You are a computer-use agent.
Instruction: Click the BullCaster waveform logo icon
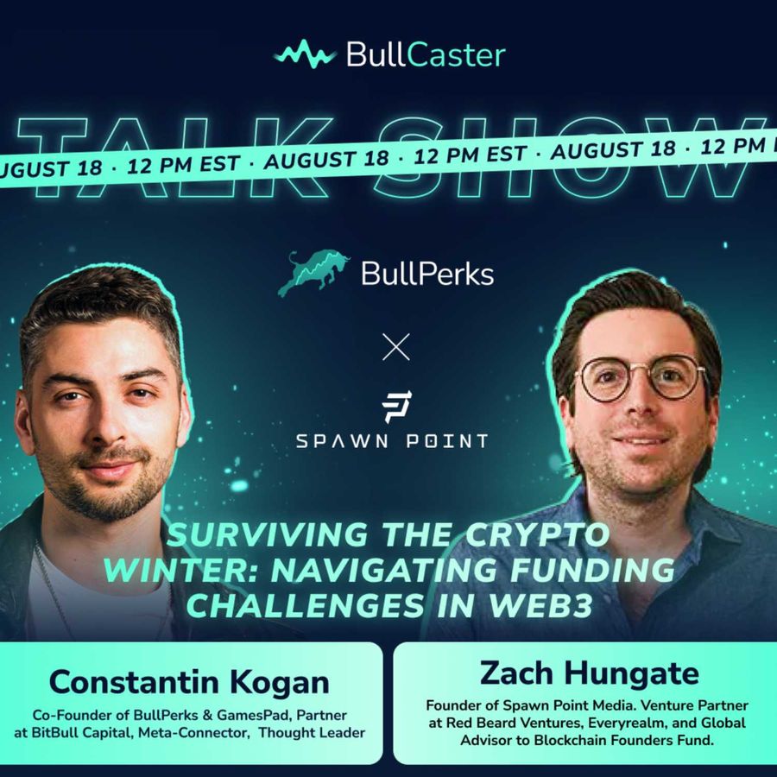(x=305, y=54)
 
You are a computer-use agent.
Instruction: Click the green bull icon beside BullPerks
(x=313, y=273)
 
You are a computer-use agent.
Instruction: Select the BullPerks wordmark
(x=427, y=274)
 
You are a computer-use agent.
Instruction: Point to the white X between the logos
(x=396, y=346)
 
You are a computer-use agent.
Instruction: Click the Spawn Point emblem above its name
(x=396, y=407)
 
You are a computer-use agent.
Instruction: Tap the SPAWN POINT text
(x=391, y=441)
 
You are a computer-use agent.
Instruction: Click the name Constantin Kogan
(x=189, y=682)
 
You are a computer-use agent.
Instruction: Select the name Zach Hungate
(x=589, y=673)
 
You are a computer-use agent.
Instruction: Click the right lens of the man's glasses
(x=679, y=377)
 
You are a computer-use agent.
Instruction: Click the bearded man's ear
(x=24, y=421)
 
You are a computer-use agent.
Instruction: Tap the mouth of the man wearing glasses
(x=641, y=440)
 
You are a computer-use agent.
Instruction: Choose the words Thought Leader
(x=312, y=732)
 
